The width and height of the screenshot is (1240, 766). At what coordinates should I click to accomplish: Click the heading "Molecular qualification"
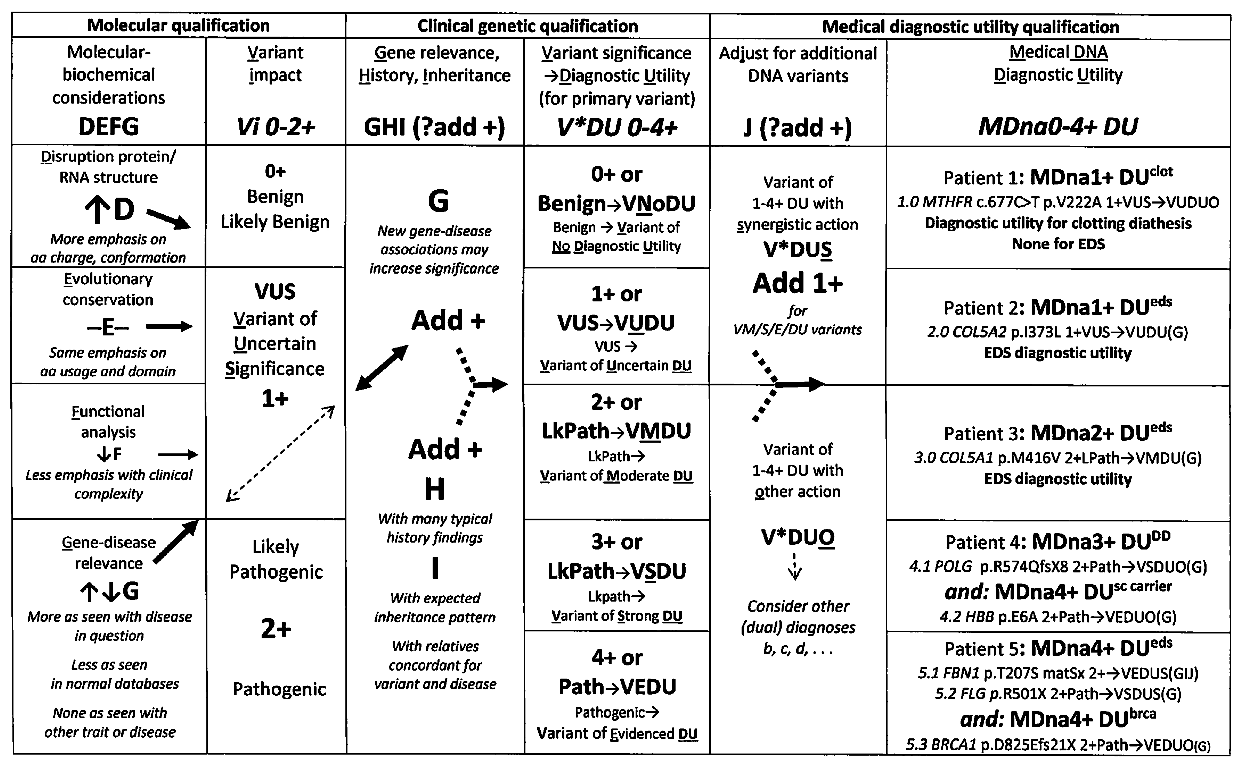point(178,25)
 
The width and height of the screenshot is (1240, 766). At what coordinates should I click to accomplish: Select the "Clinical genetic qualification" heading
point(528,26)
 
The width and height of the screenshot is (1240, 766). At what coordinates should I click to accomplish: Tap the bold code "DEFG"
point(109,126)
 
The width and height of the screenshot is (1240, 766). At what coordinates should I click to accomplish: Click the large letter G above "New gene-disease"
point(438,201)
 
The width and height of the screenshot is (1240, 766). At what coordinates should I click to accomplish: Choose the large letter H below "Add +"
point(434,489)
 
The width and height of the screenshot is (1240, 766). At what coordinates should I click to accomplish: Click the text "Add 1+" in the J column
point(798,283)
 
